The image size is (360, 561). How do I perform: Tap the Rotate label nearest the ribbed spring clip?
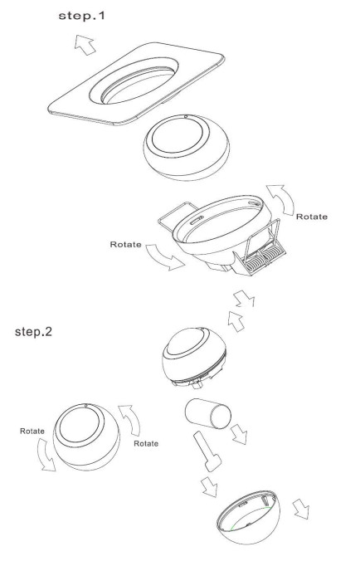310,217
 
